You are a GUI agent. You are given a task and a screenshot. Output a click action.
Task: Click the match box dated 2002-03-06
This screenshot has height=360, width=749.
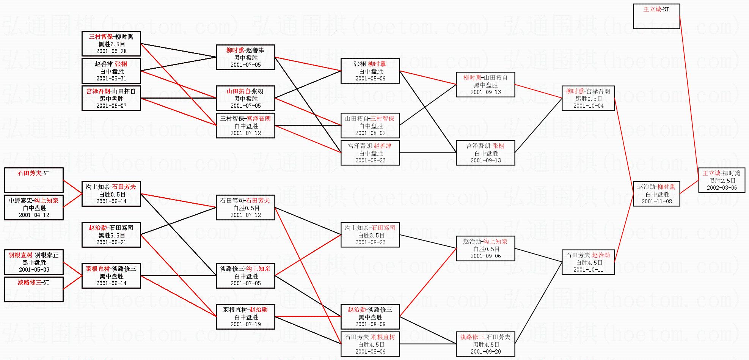(x=722, y=180)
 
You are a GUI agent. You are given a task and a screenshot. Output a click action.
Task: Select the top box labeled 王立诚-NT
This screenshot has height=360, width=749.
(x=656, y=16)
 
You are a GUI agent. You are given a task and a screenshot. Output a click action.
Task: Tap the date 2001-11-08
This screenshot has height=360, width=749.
(x=656, y=201)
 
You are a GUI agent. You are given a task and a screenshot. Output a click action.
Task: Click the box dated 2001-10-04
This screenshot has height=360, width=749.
(x=588, y=98)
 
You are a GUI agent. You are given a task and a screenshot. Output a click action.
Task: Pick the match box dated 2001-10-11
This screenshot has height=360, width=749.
(x=588, y=262)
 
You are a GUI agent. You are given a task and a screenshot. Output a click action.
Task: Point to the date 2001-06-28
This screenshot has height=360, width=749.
(x=111, y=51)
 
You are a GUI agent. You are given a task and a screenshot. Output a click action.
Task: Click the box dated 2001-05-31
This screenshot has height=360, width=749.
(x=111, y=71)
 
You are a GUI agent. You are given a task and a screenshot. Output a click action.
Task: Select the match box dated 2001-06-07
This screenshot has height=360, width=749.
(x=111, y=98)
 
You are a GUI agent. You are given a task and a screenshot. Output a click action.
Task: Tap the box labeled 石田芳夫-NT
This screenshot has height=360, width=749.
(x=34, y=180)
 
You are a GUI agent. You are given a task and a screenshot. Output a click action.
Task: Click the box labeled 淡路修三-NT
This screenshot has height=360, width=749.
(x=34, y=289)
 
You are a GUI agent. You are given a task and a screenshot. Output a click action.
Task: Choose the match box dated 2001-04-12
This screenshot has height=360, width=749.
(x=34, y=208)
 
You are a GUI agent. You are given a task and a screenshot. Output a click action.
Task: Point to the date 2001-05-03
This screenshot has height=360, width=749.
(x=34, y=270)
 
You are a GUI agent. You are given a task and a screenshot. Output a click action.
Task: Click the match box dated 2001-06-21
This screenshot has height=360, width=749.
(x=111, y=235)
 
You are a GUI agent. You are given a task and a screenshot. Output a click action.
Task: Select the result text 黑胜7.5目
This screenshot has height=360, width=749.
(x=111, y=44)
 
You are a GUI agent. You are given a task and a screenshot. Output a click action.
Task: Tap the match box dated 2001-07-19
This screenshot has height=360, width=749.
(x=245, y=317)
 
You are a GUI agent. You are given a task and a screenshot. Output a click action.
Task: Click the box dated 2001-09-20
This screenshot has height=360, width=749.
(x=485, y=344)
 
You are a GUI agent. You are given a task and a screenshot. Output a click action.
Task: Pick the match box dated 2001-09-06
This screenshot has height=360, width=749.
(x=485, y=248)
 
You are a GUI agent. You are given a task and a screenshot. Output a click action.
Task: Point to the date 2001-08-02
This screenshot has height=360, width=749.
(x=370, y=133)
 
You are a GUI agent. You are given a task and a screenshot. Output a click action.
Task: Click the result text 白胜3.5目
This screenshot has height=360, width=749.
(x=371, y=235)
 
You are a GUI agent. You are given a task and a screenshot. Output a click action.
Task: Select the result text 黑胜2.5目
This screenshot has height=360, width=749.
(x=722, y=181)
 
